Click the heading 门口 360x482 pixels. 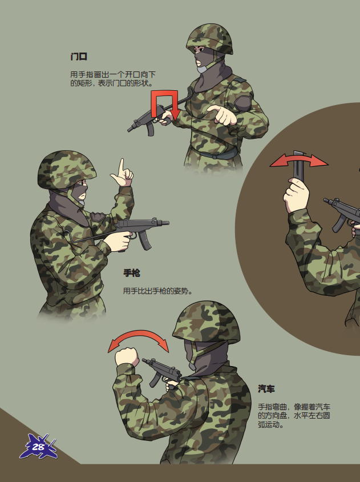[x=79, y=57]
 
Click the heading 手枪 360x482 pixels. [x=132, y=272]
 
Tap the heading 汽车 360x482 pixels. [x=266, y=389]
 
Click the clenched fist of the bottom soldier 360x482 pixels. [x=127, y=356]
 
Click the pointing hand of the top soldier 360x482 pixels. [x=222, y=115]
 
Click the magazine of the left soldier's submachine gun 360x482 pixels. [x=145, y=240]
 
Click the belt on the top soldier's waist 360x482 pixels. [x=215, y=153]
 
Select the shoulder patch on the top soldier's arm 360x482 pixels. [x=242, y=103]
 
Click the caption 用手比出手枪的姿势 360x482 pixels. [x=157, y=291]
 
